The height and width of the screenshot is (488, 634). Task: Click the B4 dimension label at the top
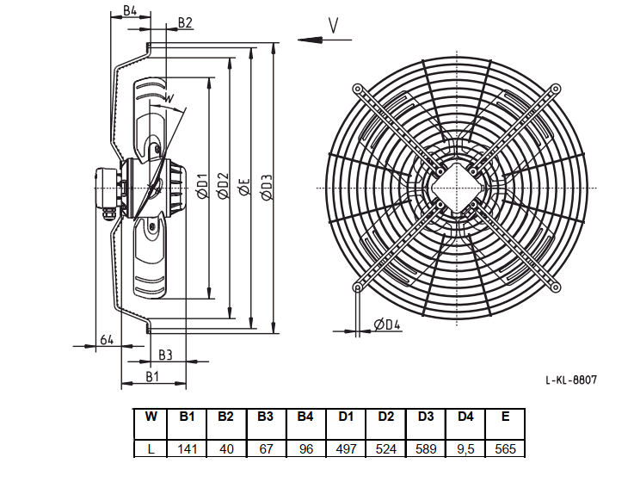tap(130, 10)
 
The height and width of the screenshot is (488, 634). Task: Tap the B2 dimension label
tap(185, 22)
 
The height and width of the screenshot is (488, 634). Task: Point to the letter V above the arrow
tap(333, 26)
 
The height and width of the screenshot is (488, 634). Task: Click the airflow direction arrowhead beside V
tap(311, 40)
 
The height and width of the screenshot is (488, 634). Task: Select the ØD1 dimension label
tap(202, 186)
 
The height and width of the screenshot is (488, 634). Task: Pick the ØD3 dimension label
tap(267, 188)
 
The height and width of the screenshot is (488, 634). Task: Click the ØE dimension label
tap(245, 187)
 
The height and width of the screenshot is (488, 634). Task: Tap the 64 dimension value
tap(107, 340)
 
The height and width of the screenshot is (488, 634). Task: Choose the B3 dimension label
tap(165, 355)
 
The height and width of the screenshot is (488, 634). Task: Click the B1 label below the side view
tap(152, 377)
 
